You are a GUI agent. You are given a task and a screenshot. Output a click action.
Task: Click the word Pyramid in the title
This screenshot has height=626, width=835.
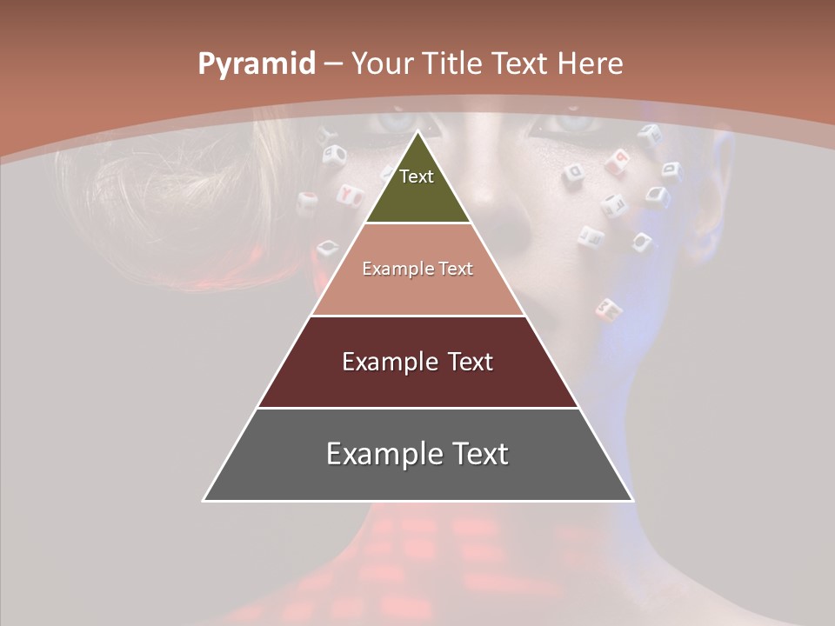(x=256, y=64)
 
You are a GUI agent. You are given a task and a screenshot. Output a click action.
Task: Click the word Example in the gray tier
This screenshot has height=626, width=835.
(x=377, y=454)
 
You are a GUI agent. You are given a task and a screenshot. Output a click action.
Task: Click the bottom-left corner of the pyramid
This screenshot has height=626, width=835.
(x=204, y=500)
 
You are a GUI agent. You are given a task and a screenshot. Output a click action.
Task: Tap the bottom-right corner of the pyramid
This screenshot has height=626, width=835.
(x=632, y=500)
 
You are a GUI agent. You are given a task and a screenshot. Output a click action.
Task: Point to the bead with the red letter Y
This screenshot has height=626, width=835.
(x=350, y=195)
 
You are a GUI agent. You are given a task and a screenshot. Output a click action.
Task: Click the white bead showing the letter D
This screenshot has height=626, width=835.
(x=573, y=172)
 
